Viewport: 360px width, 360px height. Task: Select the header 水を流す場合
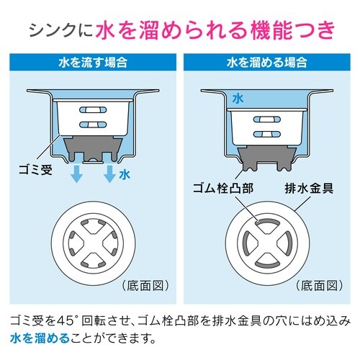(92, 62)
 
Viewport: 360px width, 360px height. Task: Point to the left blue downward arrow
(74, 176)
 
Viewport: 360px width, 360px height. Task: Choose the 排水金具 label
(306, 190)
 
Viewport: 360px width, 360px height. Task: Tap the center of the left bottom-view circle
(92, 243)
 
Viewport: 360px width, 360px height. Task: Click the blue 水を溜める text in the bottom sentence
(39, 336)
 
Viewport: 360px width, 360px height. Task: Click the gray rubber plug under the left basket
(92, 150)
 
